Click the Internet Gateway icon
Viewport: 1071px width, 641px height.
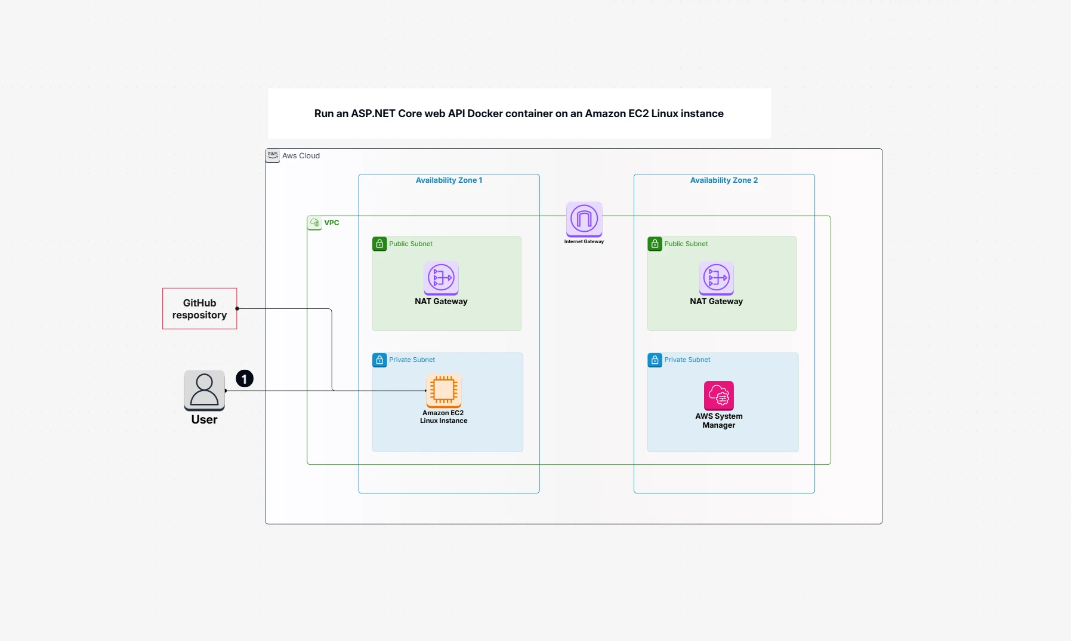point(584,219)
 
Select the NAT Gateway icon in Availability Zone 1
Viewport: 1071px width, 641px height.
point(441,278)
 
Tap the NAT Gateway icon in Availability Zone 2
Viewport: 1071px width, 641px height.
point(716,278)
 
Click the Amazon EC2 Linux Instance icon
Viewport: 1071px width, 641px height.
point(443,391)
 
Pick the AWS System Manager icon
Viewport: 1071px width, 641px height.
point(718,395)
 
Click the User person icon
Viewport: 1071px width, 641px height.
point(204,390)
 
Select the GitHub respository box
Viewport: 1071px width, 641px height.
point(200,309)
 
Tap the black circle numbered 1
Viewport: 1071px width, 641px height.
point(245,379)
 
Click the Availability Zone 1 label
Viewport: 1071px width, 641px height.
point(449,180)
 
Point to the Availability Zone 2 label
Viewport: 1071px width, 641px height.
point(724,180)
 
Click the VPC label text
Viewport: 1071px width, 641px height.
point(332,223)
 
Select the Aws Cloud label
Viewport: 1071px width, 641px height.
point(301,156)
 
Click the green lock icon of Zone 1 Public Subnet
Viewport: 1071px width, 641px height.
point(379,244)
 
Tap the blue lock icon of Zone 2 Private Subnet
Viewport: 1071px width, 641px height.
point(655,360)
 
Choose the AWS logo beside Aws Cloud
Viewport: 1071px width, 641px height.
point(273,155)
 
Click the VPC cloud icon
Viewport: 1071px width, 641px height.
point(314,223)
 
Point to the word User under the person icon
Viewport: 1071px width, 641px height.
point(204,419)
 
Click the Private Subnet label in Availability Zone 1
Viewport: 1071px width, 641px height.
point(412,360)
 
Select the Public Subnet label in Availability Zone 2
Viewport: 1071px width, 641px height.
point(686,244)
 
